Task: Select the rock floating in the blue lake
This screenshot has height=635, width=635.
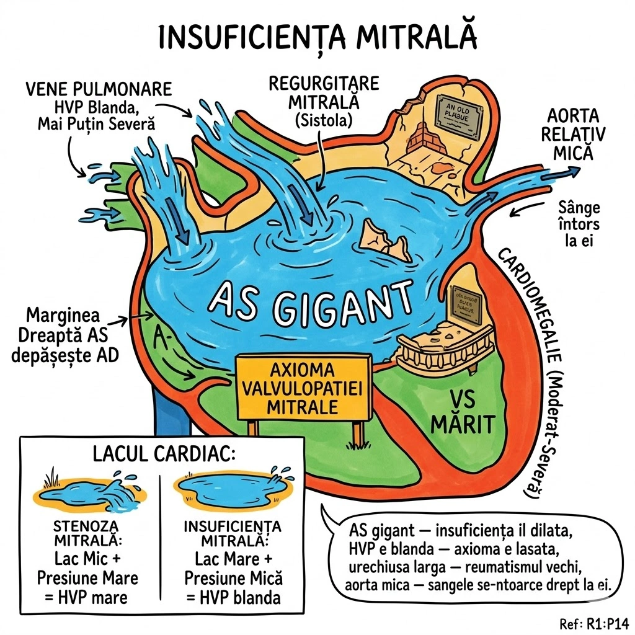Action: click(385, 238)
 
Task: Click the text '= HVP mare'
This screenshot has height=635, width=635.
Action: click(88, 597)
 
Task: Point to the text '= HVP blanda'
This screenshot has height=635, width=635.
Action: click(233, 597)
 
